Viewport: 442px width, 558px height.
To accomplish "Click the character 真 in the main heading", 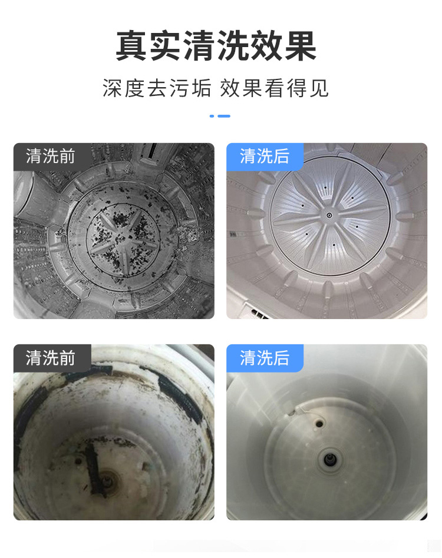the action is [131, 46].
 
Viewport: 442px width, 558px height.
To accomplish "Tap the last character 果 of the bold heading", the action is [300, 46].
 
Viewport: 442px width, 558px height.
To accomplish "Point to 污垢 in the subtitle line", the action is [190, 88].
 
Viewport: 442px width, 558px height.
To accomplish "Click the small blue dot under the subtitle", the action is [212, 116].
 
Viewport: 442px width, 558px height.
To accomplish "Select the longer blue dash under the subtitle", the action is [224, 116].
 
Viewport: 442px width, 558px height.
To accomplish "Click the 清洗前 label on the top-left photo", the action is [50, 156].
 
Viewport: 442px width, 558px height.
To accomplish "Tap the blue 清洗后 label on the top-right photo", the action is [264, 156].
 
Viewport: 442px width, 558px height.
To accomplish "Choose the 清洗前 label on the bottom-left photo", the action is [50, 358].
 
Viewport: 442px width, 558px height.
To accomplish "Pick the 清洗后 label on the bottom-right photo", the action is [264, 358].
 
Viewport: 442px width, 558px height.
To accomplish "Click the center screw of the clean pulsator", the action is [329, 215].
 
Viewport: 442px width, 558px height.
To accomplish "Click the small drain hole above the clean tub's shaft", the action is [319, 424].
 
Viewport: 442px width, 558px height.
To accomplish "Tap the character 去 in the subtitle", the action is [157, 88].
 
